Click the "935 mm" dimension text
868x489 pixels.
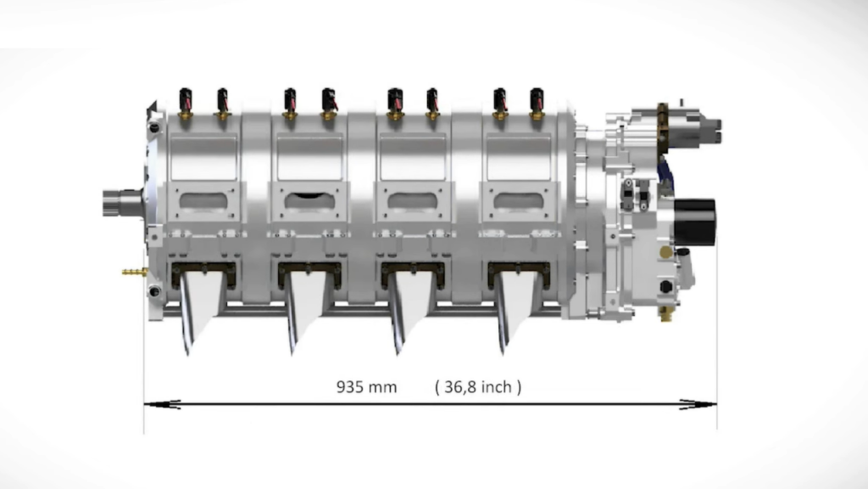click(x=366, y=387)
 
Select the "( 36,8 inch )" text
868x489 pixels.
click(x=477, y=387)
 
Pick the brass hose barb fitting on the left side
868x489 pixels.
click(x=134, y=273)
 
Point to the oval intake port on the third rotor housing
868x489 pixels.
click(x=413, y=201)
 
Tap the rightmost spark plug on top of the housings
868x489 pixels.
click(x=537, y=101)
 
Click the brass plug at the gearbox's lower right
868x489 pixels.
click(x=665, y=315)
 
